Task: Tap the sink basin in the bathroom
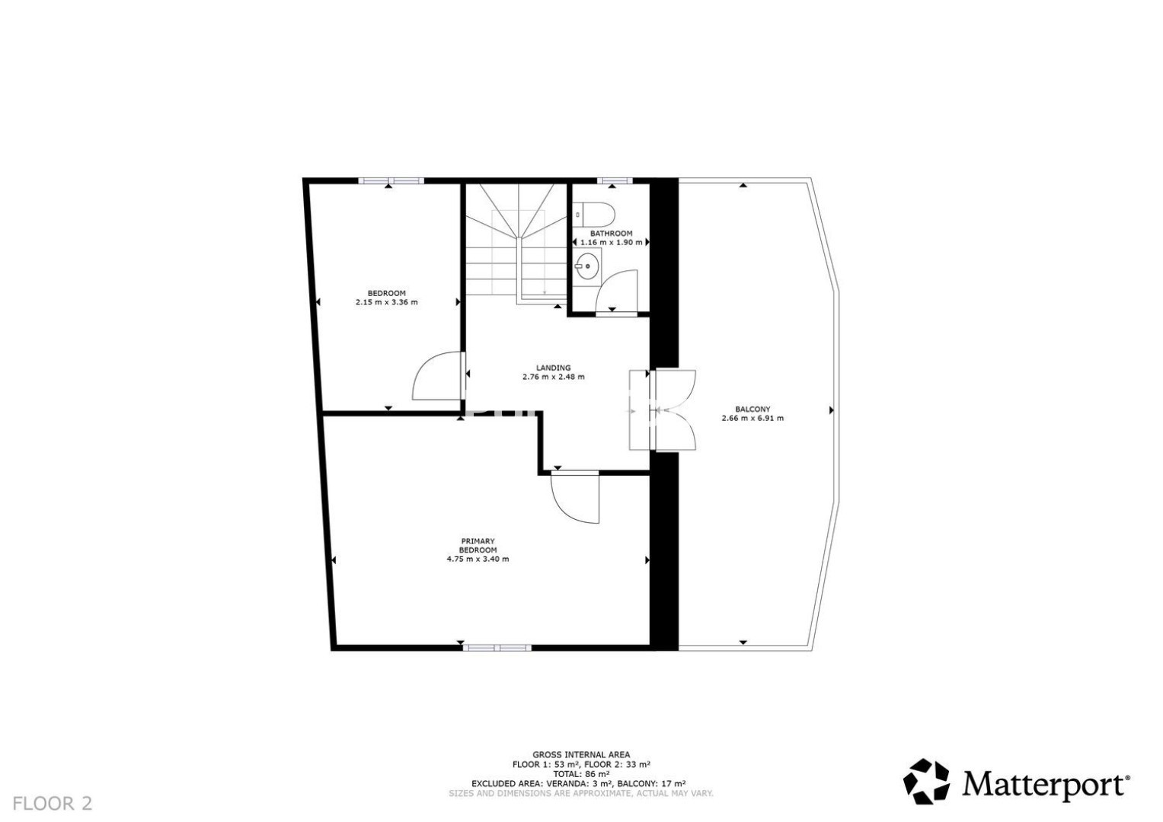pos(587,266)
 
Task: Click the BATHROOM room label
pos(611,234)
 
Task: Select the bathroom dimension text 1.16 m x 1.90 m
pos(611,242)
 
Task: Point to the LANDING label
pos(554,368)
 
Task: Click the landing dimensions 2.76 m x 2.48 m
pos(554,377)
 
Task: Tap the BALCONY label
pos(752,409)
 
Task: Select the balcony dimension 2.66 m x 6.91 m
pos(752,418)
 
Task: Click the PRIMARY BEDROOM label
pos(478,546)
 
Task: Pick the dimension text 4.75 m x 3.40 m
pos(478,559)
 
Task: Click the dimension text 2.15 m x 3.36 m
pos(386,302)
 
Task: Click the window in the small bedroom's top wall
pos(391,180)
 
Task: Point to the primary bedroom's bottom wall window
pos(497,648)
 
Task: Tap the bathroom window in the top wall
pos(615,180)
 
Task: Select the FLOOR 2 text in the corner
pos(53,804)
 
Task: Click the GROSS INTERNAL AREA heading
pos(581,755)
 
